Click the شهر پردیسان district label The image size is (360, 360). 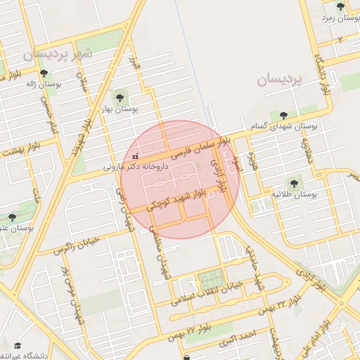pos(57,53)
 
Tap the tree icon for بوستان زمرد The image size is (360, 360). pos(340,7)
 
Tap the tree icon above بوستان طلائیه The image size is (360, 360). pos(294,183)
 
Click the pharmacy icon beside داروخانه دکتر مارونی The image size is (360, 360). pos(135,155)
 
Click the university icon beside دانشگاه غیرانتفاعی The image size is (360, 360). pos(18,345)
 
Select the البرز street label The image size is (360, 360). pos(135,68)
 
